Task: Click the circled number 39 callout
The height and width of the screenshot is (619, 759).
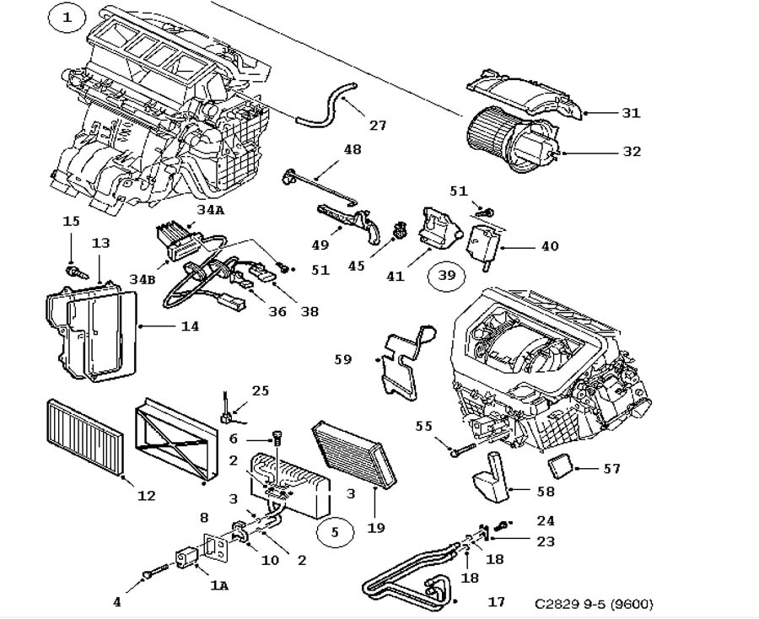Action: coord(446,275)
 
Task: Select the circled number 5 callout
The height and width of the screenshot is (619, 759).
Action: coord(334,532)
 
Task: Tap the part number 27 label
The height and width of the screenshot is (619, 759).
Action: coord(378,125)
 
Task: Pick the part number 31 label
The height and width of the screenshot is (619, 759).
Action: coord(631,112)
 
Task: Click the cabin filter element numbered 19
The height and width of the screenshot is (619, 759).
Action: coord(353,453)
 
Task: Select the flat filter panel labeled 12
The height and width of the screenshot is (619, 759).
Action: coord(84,439)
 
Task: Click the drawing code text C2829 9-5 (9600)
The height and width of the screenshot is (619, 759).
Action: coord(594,604)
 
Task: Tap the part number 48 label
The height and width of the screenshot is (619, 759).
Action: coord(352,149)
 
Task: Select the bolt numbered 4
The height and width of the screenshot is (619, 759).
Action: coord(149,574)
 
